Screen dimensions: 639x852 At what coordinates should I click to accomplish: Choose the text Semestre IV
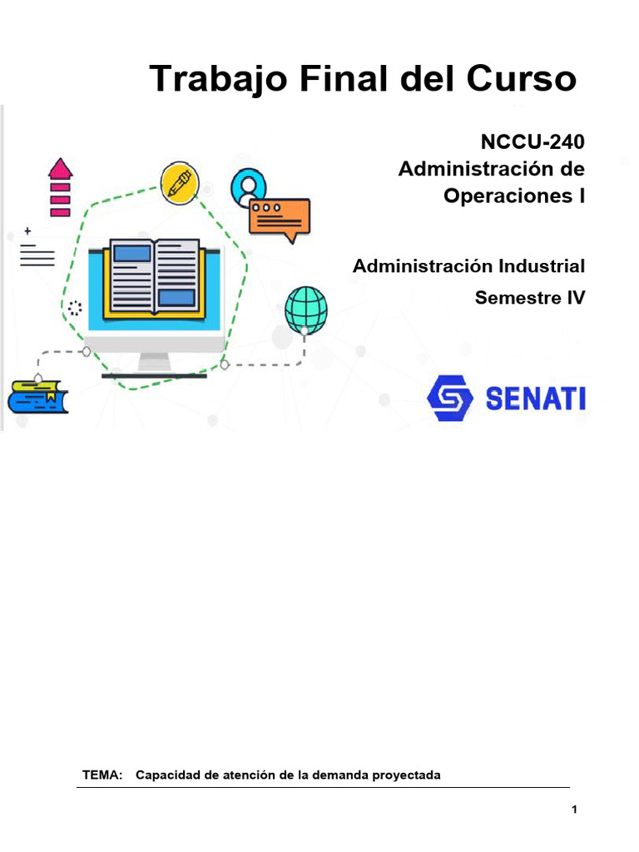pyautogui.click(x=530, y=297)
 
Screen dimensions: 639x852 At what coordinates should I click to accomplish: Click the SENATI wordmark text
pyautogui.click(x=534, y=398)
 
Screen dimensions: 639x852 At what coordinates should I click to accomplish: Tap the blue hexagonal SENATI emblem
pyautogui.click(x=449, y=398)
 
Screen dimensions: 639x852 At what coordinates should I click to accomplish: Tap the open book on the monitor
pyautogui.click(x=154, y=276)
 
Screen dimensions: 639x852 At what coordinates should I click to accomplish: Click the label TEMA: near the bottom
pyautogui.click(x=102, y=775)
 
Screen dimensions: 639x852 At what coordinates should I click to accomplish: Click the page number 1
pyautogui.click(x=574, y=810)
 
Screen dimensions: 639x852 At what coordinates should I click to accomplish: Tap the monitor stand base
pyautogui.click(x=154, y=373)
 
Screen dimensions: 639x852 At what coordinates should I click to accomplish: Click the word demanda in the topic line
pyautogui.click(x=339, y=775)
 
